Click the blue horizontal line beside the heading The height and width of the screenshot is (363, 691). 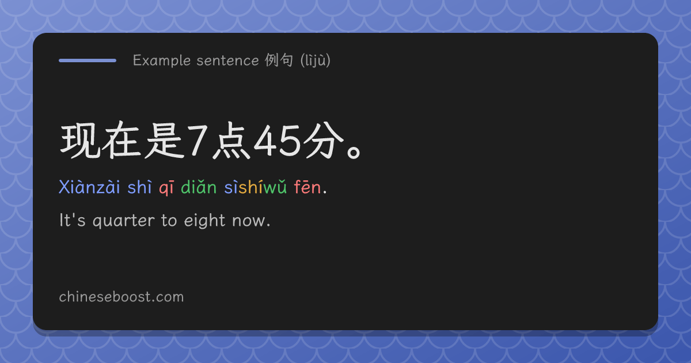(88, 60)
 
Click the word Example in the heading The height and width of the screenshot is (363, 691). (162, 60)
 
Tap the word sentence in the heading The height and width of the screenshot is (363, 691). (227, 60)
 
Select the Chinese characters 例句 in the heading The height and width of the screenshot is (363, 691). (279, 60)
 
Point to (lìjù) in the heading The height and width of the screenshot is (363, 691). (316, 60)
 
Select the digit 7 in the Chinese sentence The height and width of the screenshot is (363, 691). (198, 141)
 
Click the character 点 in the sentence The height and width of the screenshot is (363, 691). (231, 141)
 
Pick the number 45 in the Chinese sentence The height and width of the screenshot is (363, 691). (277, 141)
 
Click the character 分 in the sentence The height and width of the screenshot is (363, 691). (324, 141)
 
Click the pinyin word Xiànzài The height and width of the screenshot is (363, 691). (89, 187)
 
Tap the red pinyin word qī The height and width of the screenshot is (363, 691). (166, 188)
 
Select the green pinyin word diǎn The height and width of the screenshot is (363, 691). (199, 187)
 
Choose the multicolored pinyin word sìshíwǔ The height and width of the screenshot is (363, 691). (256, 187)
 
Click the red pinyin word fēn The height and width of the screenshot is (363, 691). (307, 187)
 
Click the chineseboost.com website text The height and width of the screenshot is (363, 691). (122, 297)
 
